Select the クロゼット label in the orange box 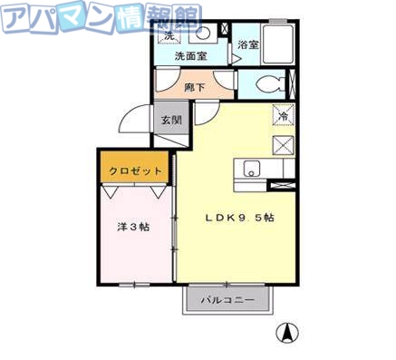click(135, 170)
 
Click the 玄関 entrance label click(172, 119)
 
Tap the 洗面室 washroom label click(191, 55)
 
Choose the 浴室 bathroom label click(247, 44)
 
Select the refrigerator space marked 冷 click(283, 116)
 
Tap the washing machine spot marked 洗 click(169, 35)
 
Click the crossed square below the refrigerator click(283, 144)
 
